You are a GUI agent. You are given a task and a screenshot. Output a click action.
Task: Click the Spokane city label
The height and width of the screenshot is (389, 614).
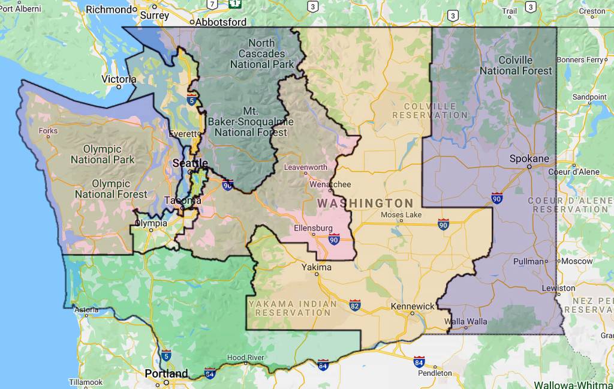coord(529,159)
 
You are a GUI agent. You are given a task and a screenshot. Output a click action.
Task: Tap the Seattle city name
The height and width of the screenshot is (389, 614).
coord(190,163)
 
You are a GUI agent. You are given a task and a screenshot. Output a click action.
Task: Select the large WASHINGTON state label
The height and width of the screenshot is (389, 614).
coord(365,204)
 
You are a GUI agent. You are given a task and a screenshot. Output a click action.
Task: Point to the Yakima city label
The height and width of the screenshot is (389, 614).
coord(316,267)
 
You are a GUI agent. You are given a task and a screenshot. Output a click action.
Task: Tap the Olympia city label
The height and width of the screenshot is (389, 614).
coord(151,223)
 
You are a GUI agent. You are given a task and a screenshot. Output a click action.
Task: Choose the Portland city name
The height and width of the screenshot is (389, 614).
coord(166,373)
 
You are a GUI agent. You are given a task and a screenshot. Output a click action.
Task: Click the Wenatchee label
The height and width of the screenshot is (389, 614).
coord(329,184)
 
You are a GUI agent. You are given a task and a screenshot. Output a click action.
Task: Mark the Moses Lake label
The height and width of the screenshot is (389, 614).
coord(401,215)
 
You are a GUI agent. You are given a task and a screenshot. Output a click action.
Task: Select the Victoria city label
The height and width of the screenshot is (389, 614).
coord(119,79)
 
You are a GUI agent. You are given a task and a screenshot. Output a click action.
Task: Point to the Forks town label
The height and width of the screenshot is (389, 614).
coord(48,131)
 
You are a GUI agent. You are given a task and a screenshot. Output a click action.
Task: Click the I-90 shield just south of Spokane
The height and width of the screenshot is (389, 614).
coord(496,198)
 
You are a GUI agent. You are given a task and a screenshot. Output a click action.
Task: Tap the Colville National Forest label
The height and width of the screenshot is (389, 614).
coord(516,65)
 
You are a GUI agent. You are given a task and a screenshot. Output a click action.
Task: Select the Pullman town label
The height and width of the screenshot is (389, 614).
coord(527,261)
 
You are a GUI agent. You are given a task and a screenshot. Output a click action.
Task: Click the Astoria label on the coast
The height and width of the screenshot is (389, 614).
coord(86,310)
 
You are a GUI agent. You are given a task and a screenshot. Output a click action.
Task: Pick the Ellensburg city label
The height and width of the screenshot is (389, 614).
coord(313,228)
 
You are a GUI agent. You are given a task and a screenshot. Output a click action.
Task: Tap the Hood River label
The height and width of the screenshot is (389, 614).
coord(245,357)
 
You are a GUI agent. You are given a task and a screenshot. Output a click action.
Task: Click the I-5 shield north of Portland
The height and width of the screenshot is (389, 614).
coord(166,355)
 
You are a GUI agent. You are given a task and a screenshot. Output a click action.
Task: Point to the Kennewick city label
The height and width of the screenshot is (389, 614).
coord(413,306)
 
